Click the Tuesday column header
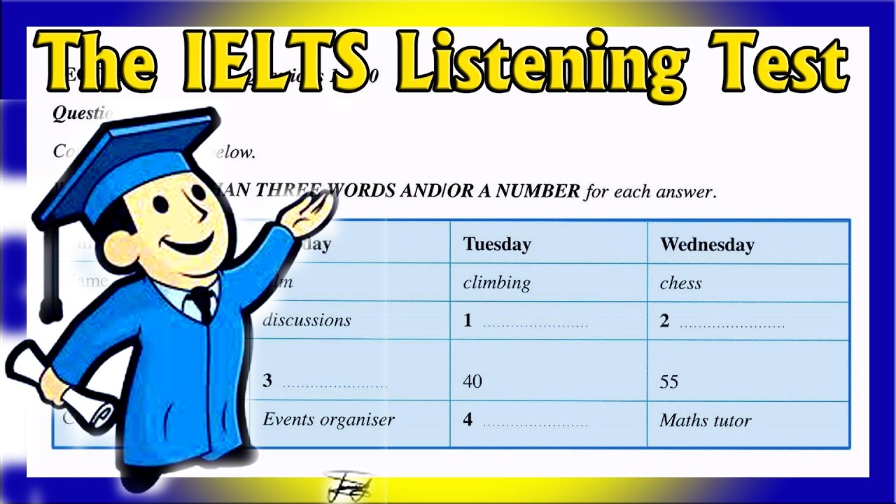coord(497,244)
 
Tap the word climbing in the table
coord(497,283)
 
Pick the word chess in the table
coord(680,283)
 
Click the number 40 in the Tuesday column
coord(472,381)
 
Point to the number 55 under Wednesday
coord(669,382)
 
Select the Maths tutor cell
coord(705,421)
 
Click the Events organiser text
coord(328,419)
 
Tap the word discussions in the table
coord(307,321)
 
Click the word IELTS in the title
coord(277,62)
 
